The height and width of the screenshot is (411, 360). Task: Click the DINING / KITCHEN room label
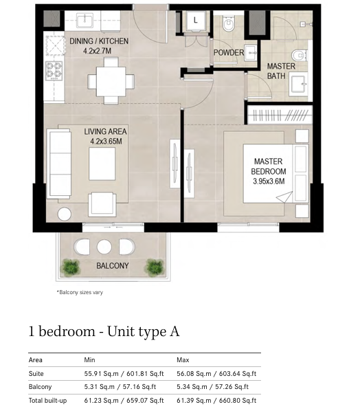[x=99, y=41]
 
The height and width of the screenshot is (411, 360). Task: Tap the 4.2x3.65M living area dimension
[x=106, y=142]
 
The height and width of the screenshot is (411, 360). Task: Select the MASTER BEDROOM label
[x=269, y=166]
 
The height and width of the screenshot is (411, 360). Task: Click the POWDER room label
[x=229, y=52]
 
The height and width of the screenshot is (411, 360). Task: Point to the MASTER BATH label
[x=281, y=71]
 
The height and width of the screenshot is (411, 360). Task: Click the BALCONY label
[x=113, y=266]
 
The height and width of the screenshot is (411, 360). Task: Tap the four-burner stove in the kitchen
[x=54, y=71]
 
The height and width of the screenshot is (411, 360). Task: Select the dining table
[x=111, y=82]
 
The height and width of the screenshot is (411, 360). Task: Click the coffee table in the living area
[x=102, y=164]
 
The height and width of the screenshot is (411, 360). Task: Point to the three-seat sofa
[x=59, y=164]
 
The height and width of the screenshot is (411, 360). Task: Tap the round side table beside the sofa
[x=64, y=214]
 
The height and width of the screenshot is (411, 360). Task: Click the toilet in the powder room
[x=229, y=23]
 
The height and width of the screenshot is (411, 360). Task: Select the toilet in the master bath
[x=299, y=55]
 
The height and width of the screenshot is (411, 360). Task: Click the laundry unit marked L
[x=195, y=21]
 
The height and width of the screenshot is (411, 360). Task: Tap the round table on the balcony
[x=104, y=247]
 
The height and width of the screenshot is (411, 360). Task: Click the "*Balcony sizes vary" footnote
[x=80, y=292]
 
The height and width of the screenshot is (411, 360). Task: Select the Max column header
[x=183, y=360]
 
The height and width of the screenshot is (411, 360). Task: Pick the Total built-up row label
[x=47, y=401]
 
